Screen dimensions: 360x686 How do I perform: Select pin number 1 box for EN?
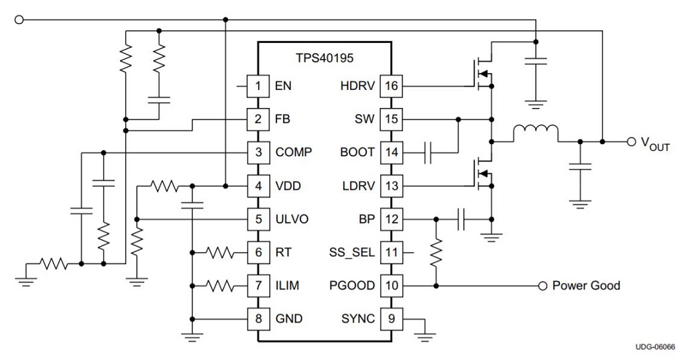pyautogui.click(x=258, y=86)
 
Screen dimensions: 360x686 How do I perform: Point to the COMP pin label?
pyautogui.click(x=293, y=152)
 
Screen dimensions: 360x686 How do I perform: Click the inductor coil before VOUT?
pyautogui.click(x=535, y=133)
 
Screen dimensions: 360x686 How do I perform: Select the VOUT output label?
pyautogui.click(x=655, y=143)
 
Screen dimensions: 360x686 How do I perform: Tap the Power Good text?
pyautogui.click(x=585, y=286)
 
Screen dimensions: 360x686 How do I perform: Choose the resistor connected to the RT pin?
pyautogui.click(x=220, y=253)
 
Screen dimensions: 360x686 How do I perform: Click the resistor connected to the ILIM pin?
pyautogui.click(x=220, y=286)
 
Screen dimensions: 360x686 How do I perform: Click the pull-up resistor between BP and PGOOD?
pyautogui.click(x=436, y=253)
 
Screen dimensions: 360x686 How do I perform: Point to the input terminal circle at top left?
pyautogui.click(x=18, y=19)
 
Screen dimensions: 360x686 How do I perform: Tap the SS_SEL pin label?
pyautogui.click(x=351, y=253)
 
